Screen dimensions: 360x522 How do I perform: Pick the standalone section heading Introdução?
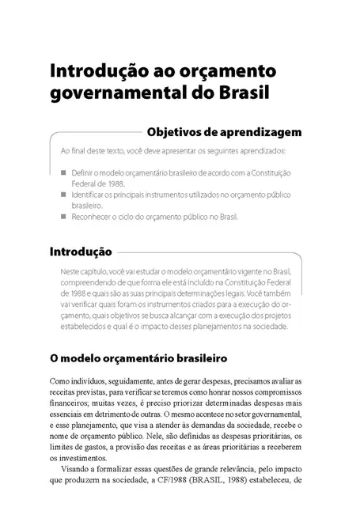(x=80, y=253)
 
